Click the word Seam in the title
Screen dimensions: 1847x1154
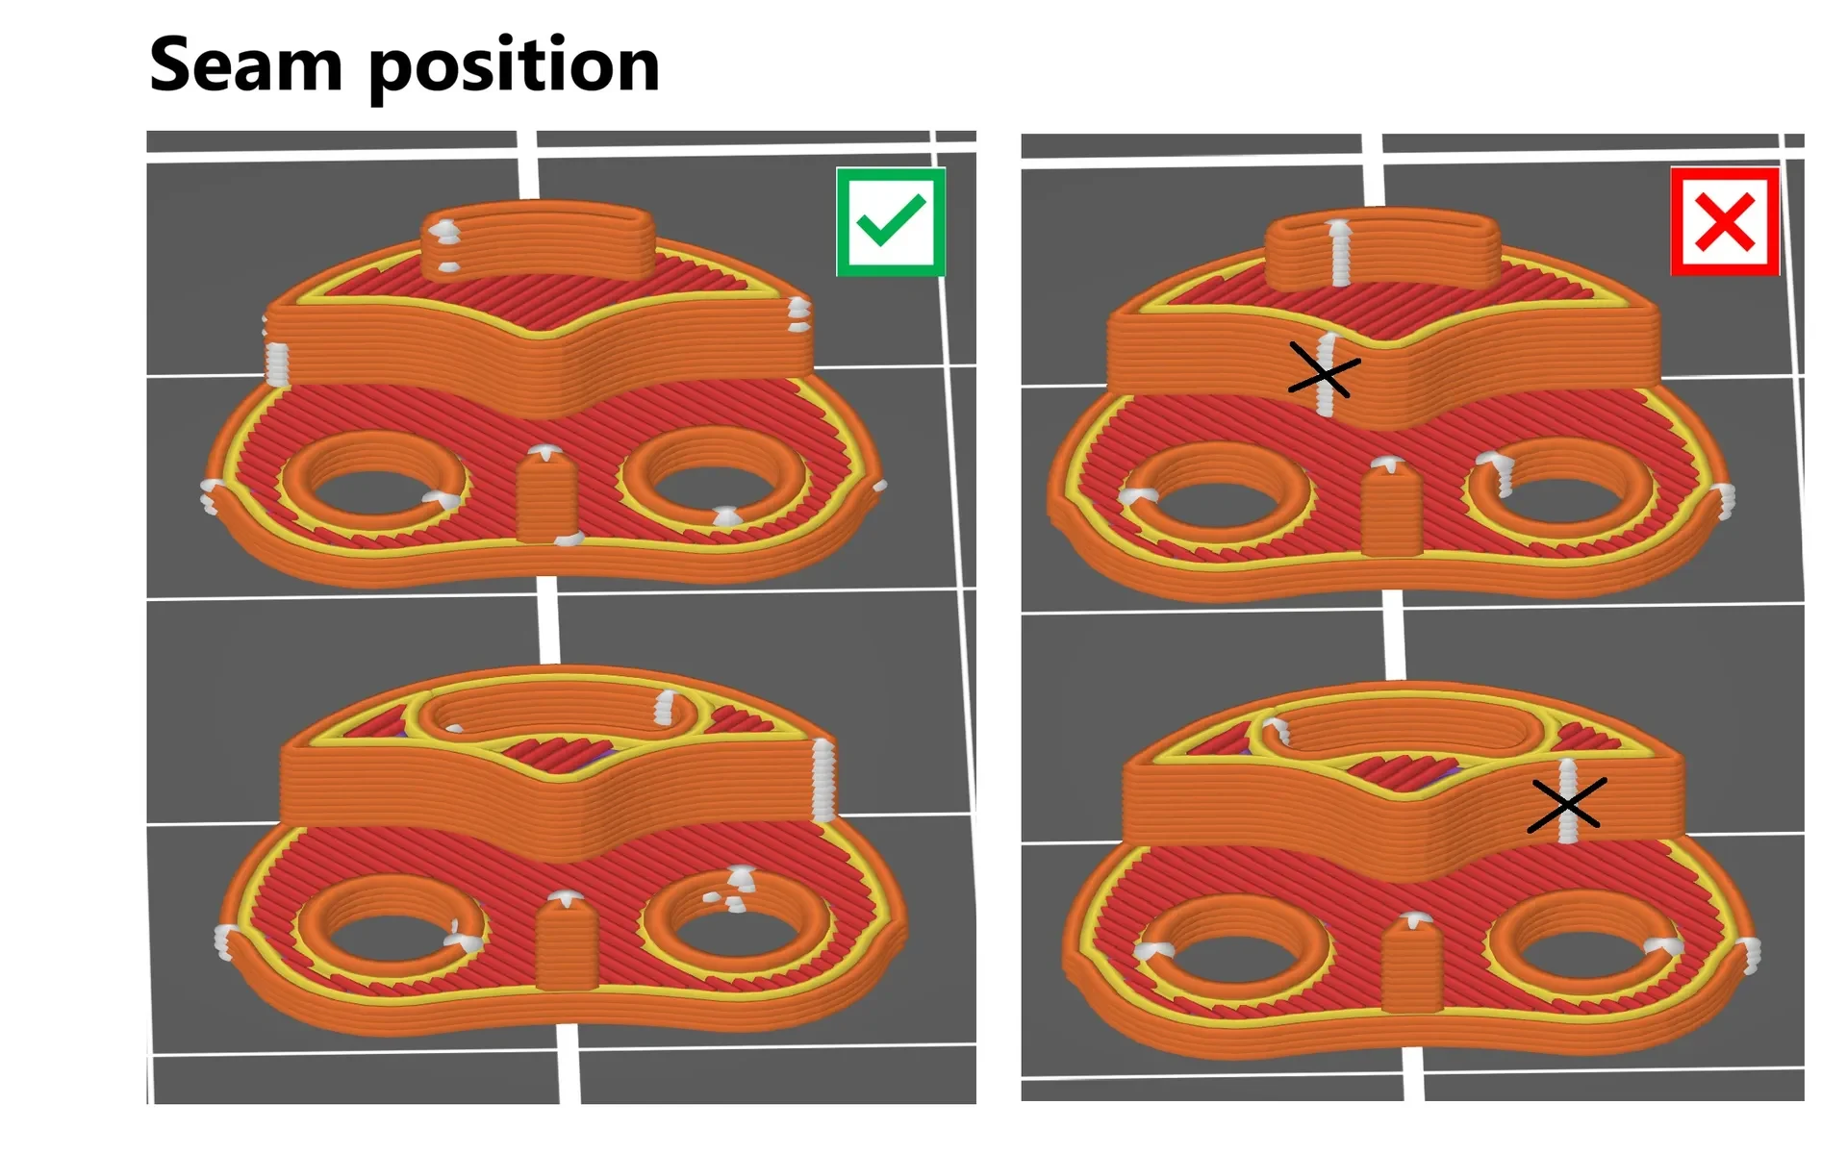coord(246,64)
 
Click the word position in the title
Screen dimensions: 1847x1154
coord(515,67)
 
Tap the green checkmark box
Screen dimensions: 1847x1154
coord(891,222)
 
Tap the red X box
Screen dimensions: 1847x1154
coord(1725,222)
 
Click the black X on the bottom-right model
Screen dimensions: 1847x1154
coord(1565,804)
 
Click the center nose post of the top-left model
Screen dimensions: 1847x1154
coord(546,495)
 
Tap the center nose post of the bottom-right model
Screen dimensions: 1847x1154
coord(1411,963)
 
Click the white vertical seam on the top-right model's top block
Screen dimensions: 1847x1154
coord(1338,252)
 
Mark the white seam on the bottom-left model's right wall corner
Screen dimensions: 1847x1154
coord(823,779)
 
